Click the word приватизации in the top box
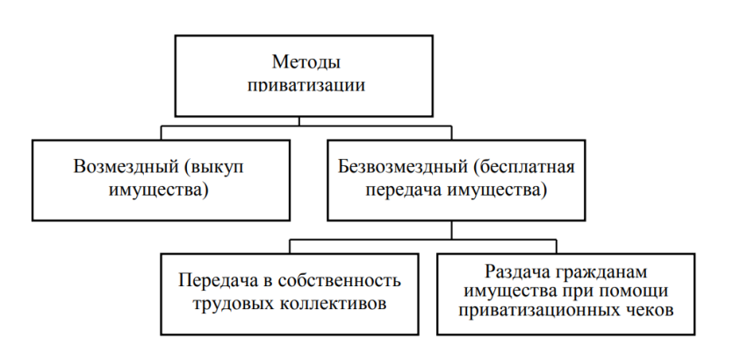coord(305,86)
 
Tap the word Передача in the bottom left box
coord(215,281)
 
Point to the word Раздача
coord(514,271)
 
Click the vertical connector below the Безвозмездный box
coord(451,228)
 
